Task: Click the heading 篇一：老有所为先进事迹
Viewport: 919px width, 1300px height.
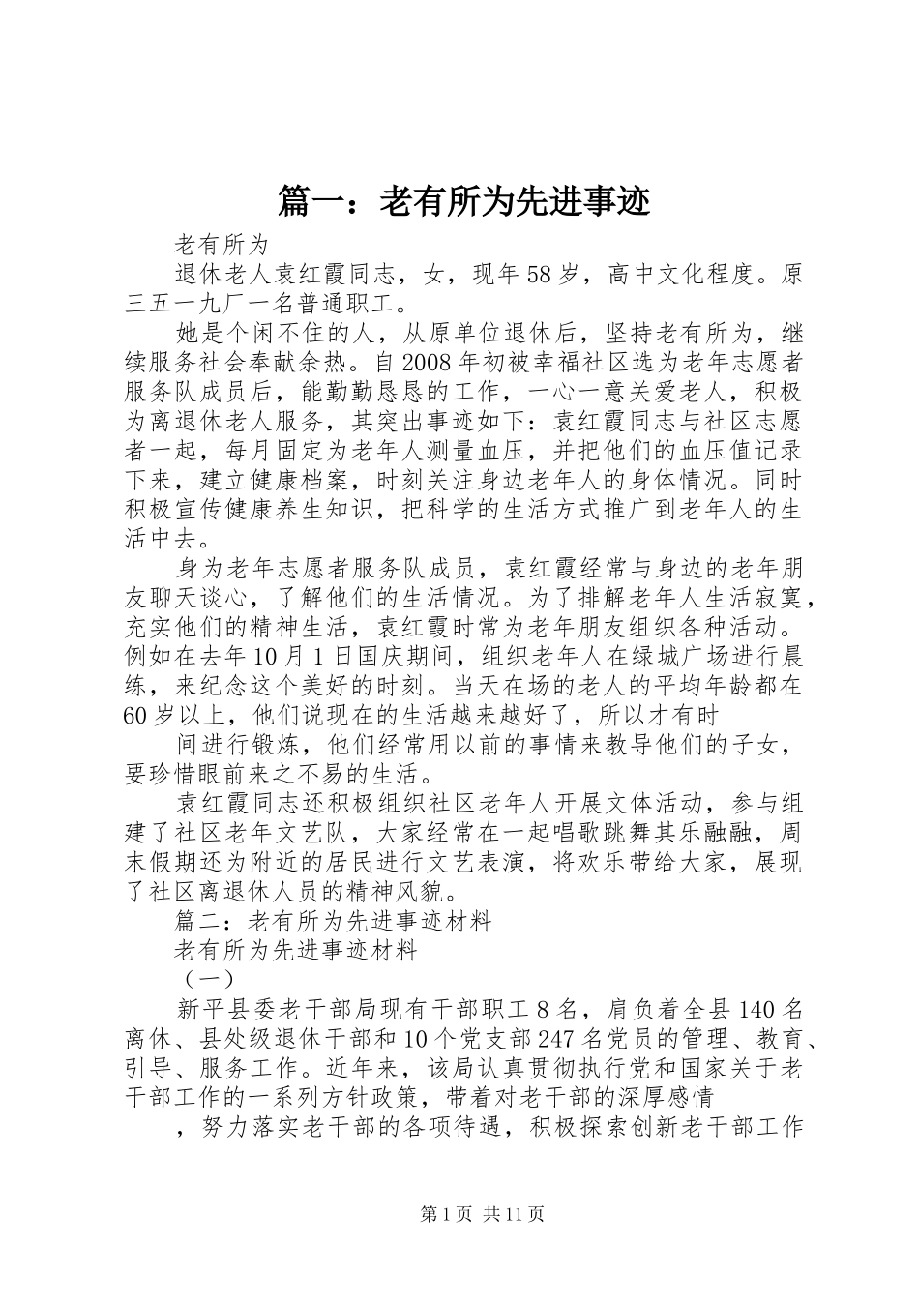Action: pos(463,200)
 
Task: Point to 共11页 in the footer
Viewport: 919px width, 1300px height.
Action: pos(515,1213)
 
